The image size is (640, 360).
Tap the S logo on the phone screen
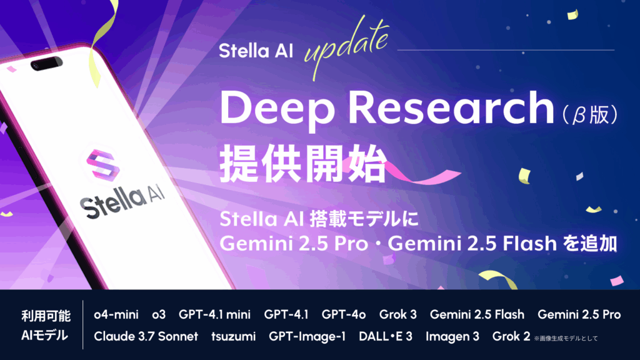(103, 165)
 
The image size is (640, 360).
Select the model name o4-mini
(116, 315)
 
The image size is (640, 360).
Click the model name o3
(159, 315)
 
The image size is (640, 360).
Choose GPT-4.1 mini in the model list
(215, 315)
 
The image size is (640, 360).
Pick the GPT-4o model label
(344, 315)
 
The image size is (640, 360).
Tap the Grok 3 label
(398, 315)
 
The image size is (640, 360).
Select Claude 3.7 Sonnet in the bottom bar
(146, 336)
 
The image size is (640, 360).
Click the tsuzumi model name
(234, 337)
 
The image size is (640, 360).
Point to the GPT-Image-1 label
(307, 336)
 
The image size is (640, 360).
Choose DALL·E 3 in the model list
(385, 336)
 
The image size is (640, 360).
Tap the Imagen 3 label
(452, 336)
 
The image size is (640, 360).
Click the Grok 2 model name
(511, 336)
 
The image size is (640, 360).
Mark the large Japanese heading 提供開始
(303, 164)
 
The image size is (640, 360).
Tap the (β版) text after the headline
(589, 115)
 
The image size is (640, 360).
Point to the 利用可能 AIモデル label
(46, 325)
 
